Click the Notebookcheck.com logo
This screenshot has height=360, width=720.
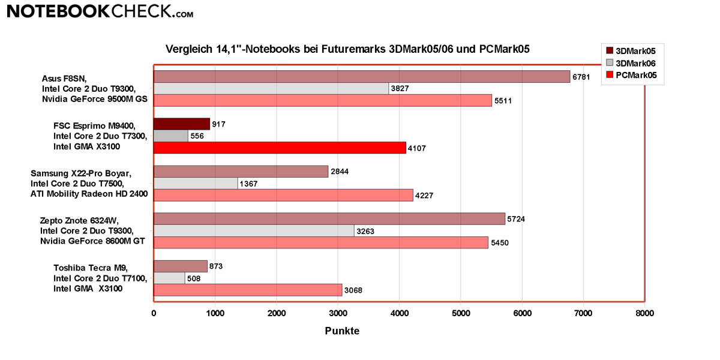99,11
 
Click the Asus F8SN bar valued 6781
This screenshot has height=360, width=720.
362,76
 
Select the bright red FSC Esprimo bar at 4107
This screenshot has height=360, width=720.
280,148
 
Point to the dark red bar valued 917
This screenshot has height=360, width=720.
182,124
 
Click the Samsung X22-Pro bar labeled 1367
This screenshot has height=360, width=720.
196,183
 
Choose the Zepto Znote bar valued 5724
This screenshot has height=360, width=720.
329,218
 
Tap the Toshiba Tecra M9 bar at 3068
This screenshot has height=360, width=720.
248,290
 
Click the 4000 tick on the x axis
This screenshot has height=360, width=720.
399,313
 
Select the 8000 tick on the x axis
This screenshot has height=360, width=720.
644,313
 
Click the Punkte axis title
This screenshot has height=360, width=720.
342,331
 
